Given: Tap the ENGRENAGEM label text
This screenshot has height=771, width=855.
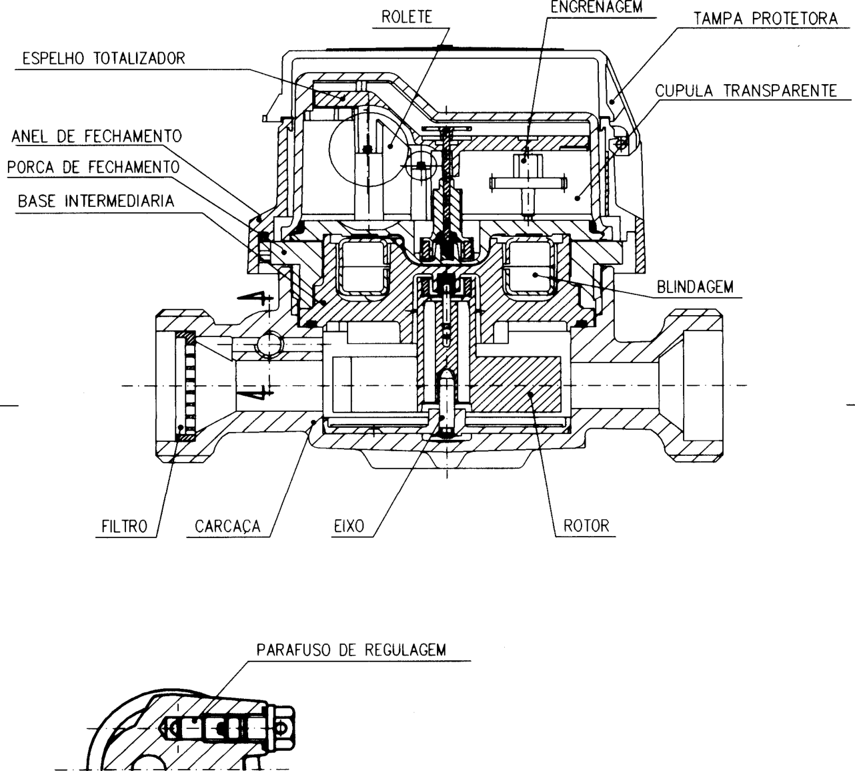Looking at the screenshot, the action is (596, 7).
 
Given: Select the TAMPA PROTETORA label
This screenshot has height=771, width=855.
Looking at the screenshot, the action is (766, 19).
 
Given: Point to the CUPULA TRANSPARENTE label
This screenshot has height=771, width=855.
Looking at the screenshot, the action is (746, 91).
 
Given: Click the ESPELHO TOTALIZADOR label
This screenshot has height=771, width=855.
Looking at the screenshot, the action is (103, 58).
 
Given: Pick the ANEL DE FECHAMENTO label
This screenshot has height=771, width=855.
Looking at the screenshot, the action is (96, 136).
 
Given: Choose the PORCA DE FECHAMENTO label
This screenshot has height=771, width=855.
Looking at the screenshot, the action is (94, 167).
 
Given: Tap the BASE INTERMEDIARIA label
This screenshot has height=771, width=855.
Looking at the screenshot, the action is (96, 200).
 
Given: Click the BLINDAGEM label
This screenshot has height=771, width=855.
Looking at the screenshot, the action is (695, 287).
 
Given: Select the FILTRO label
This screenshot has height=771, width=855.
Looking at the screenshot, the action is (124, 526).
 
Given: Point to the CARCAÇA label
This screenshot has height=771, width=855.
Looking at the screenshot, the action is (227, 527).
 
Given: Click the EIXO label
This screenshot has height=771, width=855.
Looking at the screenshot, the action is (349, 526).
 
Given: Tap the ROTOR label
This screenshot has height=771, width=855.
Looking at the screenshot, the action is (586, 525).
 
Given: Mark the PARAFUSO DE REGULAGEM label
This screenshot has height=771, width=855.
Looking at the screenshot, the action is (351, 650).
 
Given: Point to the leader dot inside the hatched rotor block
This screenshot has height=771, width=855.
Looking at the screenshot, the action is (531, 393).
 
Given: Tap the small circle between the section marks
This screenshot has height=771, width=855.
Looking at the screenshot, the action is (269, 343).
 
